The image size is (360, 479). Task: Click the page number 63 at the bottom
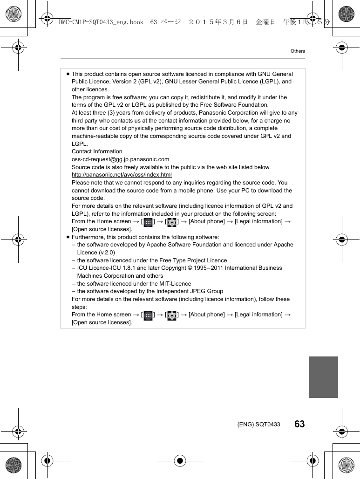pyautogui.click(x=299, y=424)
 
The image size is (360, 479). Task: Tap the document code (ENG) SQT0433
pyautogui.click(x=258, y=424)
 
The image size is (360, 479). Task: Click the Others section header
pyautogui.click(x=298, y=51)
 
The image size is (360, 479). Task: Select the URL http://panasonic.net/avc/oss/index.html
pyautogui.click(x=122, y=175)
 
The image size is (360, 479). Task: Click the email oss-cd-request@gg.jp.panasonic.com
pyautogui.click(x=120, y=159)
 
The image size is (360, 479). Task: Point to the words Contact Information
pyautogui.click(x=97, y=151)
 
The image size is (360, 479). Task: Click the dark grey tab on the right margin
pyautogui.click(x=323, y=377)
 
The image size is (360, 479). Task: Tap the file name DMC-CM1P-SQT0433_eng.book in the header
pyautogui.click(x=101, y=22)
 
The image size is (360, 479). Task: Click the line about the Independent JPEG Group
pyautogui.click(x=149, y=291)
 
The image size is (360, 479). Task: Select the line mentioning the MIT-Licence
pyautogui.click(x=134, y=284)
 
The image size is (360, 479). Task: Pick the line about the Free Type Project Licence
pyautogui.click(x=152, y=260)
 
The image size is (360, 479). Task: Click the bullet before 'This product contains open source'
pyautogui.click(x=68, y=74)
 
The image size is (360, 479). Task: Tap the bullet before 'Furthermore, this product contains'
pyautogui.click(x=68, y=237)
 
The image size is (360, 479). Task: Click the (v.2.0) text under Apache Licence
pyautogui.click(x=105, y=253)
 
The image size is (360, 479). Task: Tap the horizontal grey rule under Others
pyautogui.click(x=183, y=59)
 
